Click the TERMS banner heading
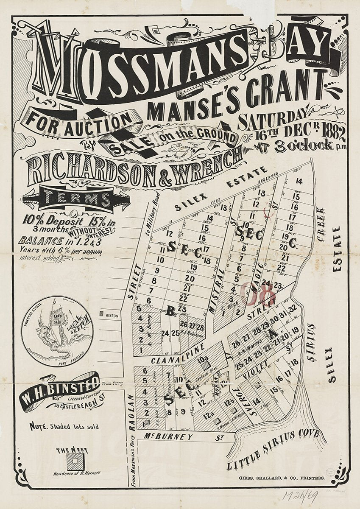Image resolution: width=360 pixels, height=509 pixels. tap(76, 199)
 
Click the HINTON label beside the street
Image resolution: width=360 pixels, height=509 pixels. tap(112, 316)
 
